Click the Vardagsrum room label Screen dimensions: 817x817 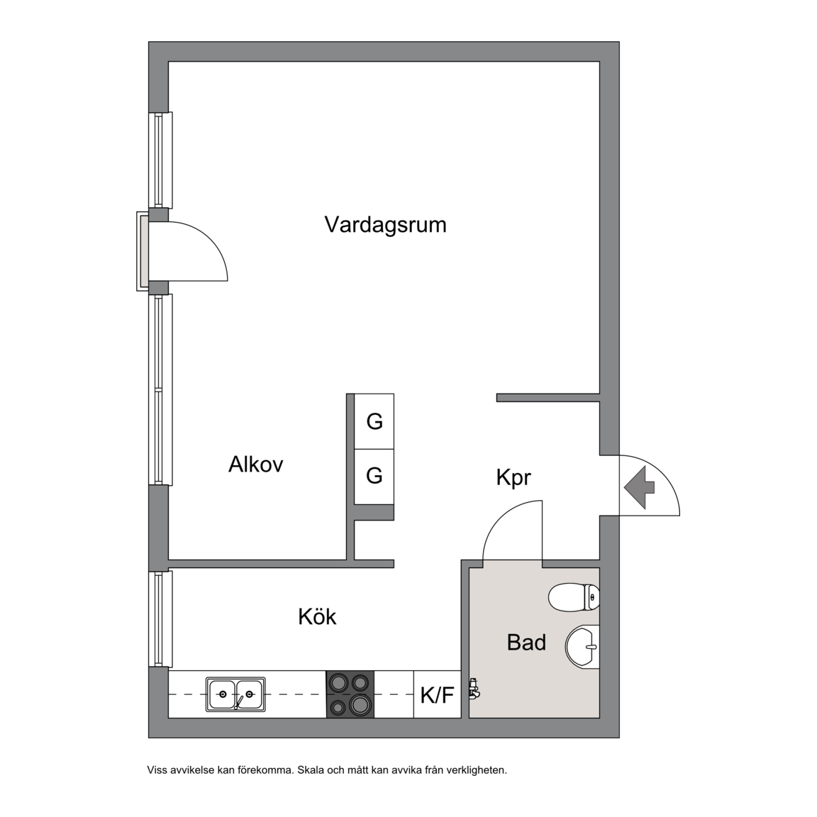(385, 226)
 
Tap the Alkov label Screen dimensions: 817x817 (255, 465)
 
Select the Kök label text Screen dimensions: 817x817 (317, 616)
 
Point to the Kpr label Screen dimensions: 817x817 (513, 478)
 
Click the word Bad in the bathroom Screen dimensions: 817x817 (526, 643)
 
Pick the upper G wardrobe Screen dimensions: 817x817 (374, 421)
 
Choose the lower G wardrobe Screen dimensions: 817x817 (374, 477)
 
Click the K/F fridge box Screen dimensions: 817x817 (437, 694)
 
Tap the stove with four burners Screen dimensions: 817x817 (350, 694)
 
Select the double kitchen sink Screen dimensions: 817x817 (235, 694)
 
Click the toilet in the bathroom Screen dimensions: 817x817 (574, 597)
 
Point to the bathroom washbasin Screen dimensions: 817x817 (582, 647)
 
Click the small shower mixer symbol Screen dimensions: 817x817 (474, 688)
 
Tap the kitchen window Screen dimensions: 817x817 (160, 618)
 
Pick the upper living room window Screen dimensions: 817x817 (160, 160)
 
